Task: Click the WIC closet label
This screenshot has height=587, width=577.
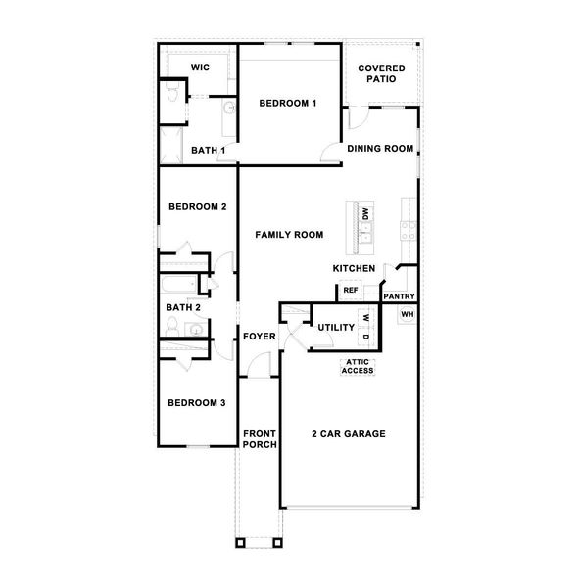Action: pyautogui.click(x=201, y=68)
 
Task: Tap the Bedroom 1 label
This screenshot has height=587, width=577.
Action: pyautogui.click(x=287, y=103)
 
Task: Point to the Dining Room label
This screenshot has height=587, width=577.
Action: pyautogui.click(x=380, y=149)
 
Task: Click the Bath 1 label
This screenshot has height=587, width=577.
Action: pyautogui.click(x=208, y=150)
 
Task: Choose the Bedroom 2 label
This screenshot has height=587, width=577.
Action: pyautogui.click(x=197, y=206)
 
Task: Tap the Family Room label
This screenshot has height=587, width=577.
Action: pyautogui.click(x=289, y=235)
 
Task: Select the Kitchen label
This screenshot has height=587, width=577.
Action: pyautogui.click(x=354, y=268)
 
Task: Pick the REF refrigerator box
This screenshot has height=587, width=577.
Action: pyautogui.click(x=350, y=290)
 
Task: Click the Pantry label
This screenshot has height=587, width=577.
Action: pyautogui.click(x=399, y=296)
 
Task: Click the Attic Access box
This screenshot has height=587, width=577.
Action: pyautogui.click(x=358, y=367)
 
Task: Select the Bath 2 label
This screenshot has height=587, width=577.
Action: pyautogui.click(x=183, y=307)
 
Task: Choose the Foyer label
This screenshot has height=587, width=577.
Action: pyautogui.click(x=260, y=338)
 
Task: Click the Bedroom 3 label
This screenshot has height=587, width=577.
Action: pyautogui.click(x=196, y=402)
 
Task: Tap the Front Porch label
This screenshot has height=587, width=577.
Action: pyautogui.click(x=260, y=438)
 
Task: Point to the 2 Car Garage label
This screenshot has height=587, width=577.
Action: pyautogui.click(x=348, y=433)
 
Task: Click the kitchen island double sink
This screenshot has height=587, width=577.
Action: pyautogui.click(x=365, y=233)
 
